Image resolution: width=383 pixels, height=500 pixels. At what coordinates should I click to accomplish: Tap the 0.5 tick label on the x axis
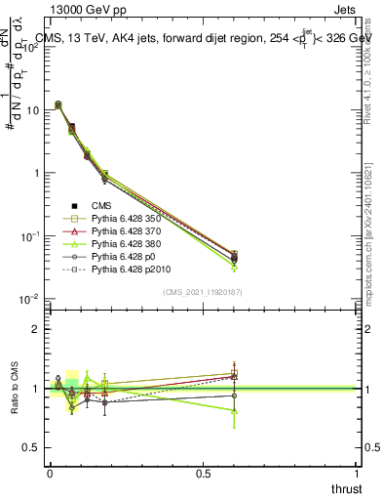coord(203,473)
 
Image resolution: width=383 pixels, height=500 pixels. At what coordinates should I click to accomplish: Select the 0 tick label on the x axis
coord(49,473)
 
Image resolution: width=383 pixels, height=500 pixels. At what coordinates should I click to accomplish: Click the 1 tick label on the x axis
coord(357,473)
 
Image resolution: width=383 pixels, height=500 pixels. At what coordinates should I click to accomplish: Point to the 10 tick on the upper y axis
coord(32,110)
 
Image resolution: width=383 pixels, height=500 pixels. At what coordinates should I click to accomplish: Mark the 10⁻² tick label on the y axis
coord(30,299)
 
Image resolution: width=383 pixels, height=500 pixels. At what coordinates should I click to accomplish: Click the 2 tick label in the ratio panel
coord(35,329)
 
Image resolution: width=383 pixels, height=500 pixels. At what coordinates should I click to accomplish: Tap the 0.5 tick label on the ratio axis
coord(30,447)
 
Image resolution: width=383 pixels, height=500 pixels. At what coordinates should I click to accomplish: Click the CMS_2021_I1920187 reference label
coord(203,292)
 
